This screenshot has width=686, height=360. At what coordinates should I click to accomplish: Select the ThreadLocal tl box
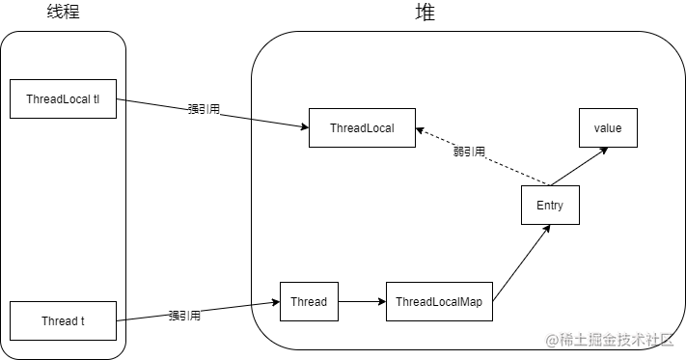63,99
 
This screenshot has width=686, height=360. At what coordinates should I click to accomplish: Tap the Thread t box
63,320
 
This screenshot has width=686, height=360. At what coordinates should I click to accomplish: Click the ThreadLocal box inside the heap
362,128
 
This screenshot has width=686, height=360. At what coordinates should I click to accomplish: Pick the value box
607,128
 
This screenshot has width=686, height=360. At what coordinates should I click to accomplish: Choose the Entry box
550,206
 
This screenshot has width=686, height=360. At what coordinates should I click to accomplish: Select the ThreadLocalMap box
439,301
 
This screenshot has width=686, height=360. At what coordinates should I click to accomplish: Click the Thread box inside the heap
309,301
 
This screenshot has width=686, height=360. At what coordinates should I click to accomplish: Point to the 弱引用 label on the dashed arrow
469,152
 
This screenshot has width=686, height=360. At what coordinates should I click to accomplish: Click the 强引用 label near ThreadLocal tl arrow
204,109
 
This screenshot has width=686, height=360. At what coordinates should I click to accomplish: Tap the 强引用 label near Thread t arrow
184,315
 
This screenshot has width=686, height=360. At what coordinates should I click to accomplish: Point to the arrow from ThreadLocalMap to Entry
521,262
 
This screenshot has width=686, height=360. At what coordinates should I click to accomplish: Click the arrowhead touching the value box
603,151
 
